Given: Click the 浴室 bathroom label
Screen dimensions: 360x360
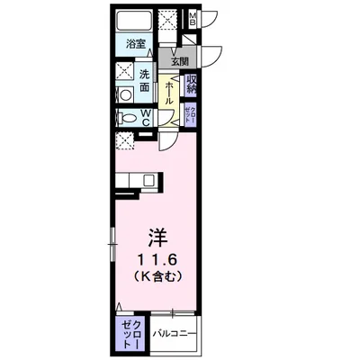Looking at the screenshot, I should pyautogui.click(x=136, y=43).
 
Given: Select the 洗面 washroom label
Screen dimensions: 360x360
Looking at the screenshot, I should pyautogui.click(x=146, y=81).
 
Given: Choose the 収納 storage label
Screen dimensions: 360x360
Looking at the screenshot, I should pyautogui.click(x=193, y=85).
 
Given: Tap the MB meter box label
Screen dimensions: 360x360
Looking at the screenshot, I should pyautogui.click(x=194, y=18).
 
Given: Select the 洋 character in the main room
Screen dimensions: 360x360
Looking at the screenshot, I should pyautogui.click(x=157, y=238).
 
